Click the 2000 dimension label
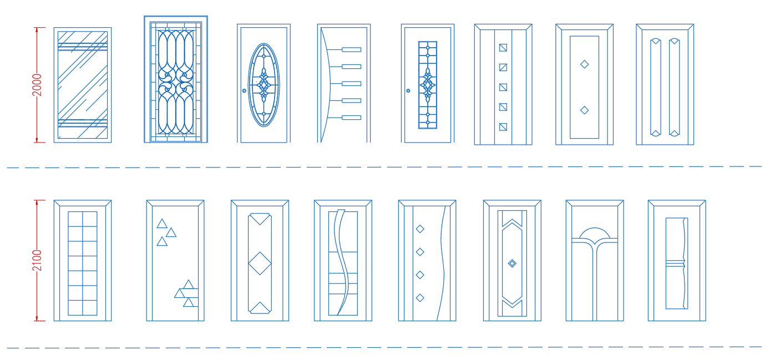(x=37, y=85)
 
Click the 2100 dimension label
(x=37, y=260)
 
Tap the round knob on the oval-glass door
(x=244, y=90)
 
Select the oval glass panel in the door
(x=264, y=85)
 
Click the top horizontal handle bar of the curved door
(x=351, y=49)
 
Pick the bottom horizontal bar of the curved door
(x=351, y=118)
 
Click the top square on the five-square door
(x=503, y=48)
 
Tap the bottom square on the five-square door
(x=503, y=126)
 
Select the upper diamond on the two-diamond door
(x=584, y=64)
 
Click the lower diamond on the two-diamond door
(x=584, y=110)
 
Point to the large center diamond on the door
(x=260, y=263)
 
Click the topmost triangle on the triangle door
(x=162, y=224)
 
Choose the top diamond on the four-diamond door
(x=420, y=229)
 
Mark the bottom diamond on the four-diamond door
(x=420, y=298)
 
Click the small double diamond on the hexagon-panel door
(x=512, y=263)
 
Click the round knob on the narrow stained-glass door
(x=408, y=90)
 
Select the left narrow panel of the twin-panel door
(x=655, y=87)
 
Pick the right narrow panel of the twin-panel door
(x=674, y=87)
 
